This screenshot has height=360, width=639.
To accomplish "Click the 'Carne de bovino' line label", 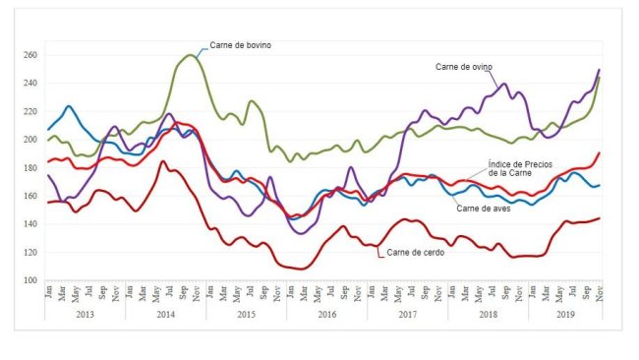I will click(240, 45).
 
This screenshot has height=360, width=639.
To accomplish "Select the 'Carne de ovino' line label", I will click(463, 67).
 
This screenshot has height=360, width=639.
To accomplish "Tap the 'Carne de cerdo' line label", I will click(416, 254).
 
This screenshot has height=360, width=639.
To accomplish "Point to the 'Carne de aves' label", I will click(484, 208).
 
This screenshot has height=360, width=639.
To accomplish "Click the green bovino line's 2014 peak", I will click(190, 55).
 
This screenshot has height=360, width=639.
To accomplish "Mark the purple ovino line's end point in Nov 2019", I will click(600, 70).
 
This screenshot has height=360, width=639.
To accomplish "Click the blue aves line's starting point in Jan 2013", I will click(47, 130).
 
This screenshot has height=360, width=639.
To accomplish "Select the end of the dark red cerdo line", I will click(600, 218).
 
